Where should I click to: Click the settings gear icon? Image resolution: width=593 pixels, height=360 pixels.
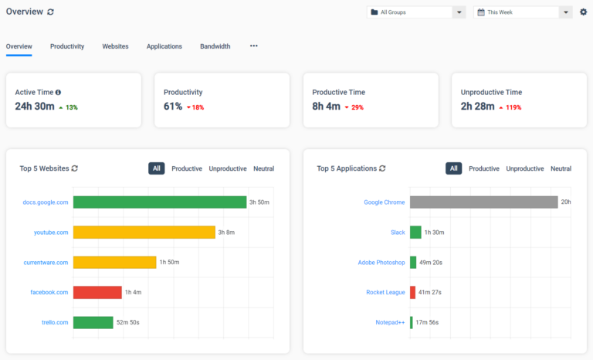(583, 12)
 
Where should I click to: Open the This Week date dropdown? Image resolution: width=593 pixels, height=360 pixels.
(523, 12)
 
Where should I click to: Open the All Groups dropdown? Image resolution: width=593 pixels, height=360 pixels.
(416, 12)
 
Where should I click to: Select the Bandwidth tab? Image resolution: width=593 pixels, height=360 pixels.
(215, 46)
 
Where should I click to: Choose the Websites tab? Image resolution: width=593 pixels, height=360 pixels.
(115, 46)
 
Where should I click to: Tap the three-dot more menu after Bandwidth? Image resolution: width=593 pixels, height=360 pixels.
(254, 46)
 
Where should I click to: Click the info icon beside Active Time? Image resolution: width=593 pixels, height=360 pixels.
(58, 92)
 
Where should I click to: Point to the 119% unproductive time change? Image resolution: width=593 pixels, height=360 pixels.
(513, 107)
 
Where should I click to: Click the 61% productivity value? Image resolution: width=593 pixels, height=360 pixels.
(173, 107)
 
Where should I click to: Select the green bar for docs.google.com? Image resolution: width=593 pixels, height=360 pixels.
(160, 202)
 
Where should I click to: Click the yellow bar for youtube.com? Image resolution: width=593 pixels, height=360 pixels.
(144, 232)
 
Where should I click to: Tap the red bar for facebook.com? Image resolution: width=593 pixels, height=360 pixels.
(97, 292)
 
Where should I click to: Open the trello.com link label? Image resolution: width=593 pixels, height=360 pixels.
(55, 322)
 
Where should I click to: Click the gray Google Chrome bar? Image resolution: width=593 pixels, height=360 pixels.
(483, 202)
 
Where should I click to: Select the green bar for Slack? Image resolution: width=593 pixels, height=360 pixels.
(415, 232)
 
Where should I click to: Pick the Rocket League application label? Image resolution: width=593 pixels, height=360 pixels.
(385, 292)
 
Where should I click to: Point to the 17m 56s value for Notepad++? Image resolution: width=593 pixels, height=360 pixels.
(427, 322)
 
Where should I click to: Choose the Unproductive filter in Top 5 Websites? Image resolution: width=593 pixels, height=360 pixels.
(228, 168)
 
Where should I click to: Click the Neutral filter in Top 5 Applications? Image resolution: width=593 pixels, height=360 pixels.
(561, 168)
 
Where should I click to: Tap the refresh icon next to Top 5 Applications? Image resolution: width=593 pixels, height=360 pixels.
(382, 168)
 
